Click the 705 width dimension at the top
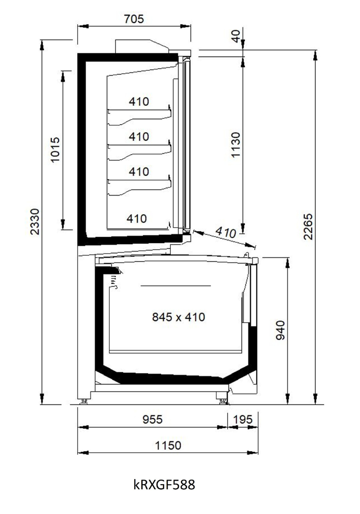[134, 19]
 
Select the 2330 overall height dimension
[35, 222]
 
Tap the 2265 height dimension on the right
[308, 227]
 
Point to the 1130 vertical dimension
[236, 145]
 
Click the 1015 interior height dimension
[55, 150]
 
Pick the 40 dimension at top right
[236, 35]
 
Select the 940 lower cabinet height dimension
[280, 330]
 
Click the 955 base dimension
[152, 419]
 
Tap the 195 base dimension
[243, 419]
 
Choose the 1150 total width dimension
[168, 445]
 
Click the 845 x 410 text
[178, 317]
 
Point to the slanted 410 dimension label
[226, 232]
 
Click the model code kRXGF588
[164, 484]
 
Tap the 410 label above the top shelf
[139, 101]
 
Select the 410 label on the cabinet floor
[137, 218]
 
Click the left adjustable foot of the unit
[84, 400]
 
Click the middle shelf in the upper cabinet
[139, 150]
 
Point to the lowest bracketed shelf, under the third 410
[139, 185]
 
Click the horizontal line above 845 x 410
[176, 286]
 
